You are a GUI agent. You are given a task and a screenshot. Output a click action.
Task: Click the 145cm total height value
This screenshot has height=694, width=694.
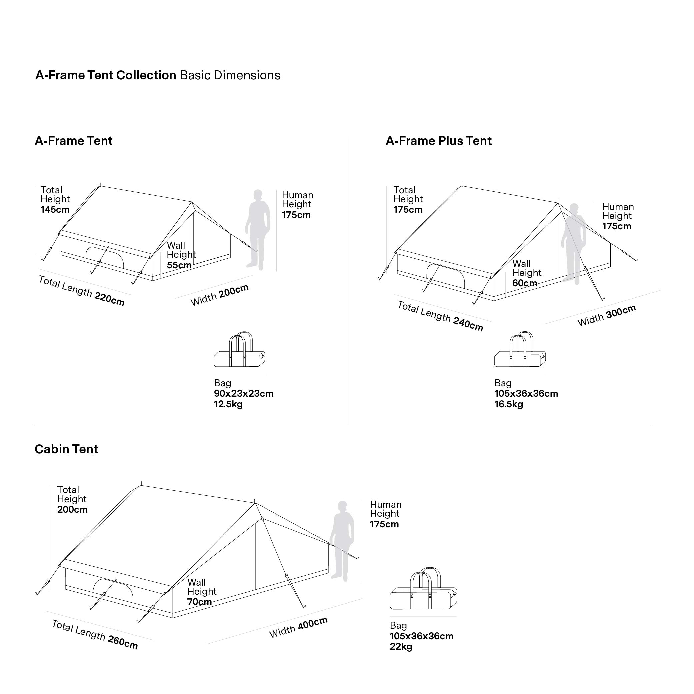[55, 210]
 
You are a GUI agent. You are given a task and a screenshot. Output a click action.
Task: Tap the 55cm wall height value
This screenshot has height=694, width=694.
[179, 265]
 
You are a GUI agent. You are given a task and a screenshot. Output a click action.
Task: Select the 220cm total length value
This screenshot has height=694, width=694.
[110, 298]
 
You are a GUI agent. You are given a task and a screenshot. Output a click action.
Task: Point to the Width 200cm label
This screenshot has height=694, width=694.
[219, 295]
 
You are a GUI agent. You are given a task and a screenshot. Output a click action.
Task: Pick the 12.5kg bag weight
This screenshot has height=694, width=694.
[228, 404]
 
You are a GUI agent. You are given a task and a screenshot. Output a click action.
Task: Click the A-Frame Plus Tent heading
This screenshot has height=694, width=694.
[438, 141]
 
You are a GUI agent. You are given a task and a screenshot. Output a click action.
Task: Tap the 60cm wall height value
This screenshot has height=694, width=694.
[524, 283]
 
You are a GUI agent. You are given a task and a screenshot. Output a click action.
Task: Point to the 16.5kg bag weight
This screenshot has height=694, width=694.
[509, 404]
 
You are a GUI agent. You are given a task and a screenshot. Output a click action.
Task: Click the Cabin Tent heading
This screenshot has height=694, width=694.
[66, 449]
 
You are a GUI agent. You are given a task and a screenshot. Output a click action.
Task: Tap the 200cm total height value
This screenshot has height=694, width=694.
[72, 510]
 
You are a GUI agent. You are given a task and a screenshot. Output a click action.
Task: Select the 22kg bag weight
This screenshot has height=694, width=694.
[401, 647]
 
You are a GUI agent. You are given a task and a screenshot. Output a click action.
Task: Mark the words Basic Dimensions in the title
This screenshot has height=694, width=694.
[230, 75]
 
